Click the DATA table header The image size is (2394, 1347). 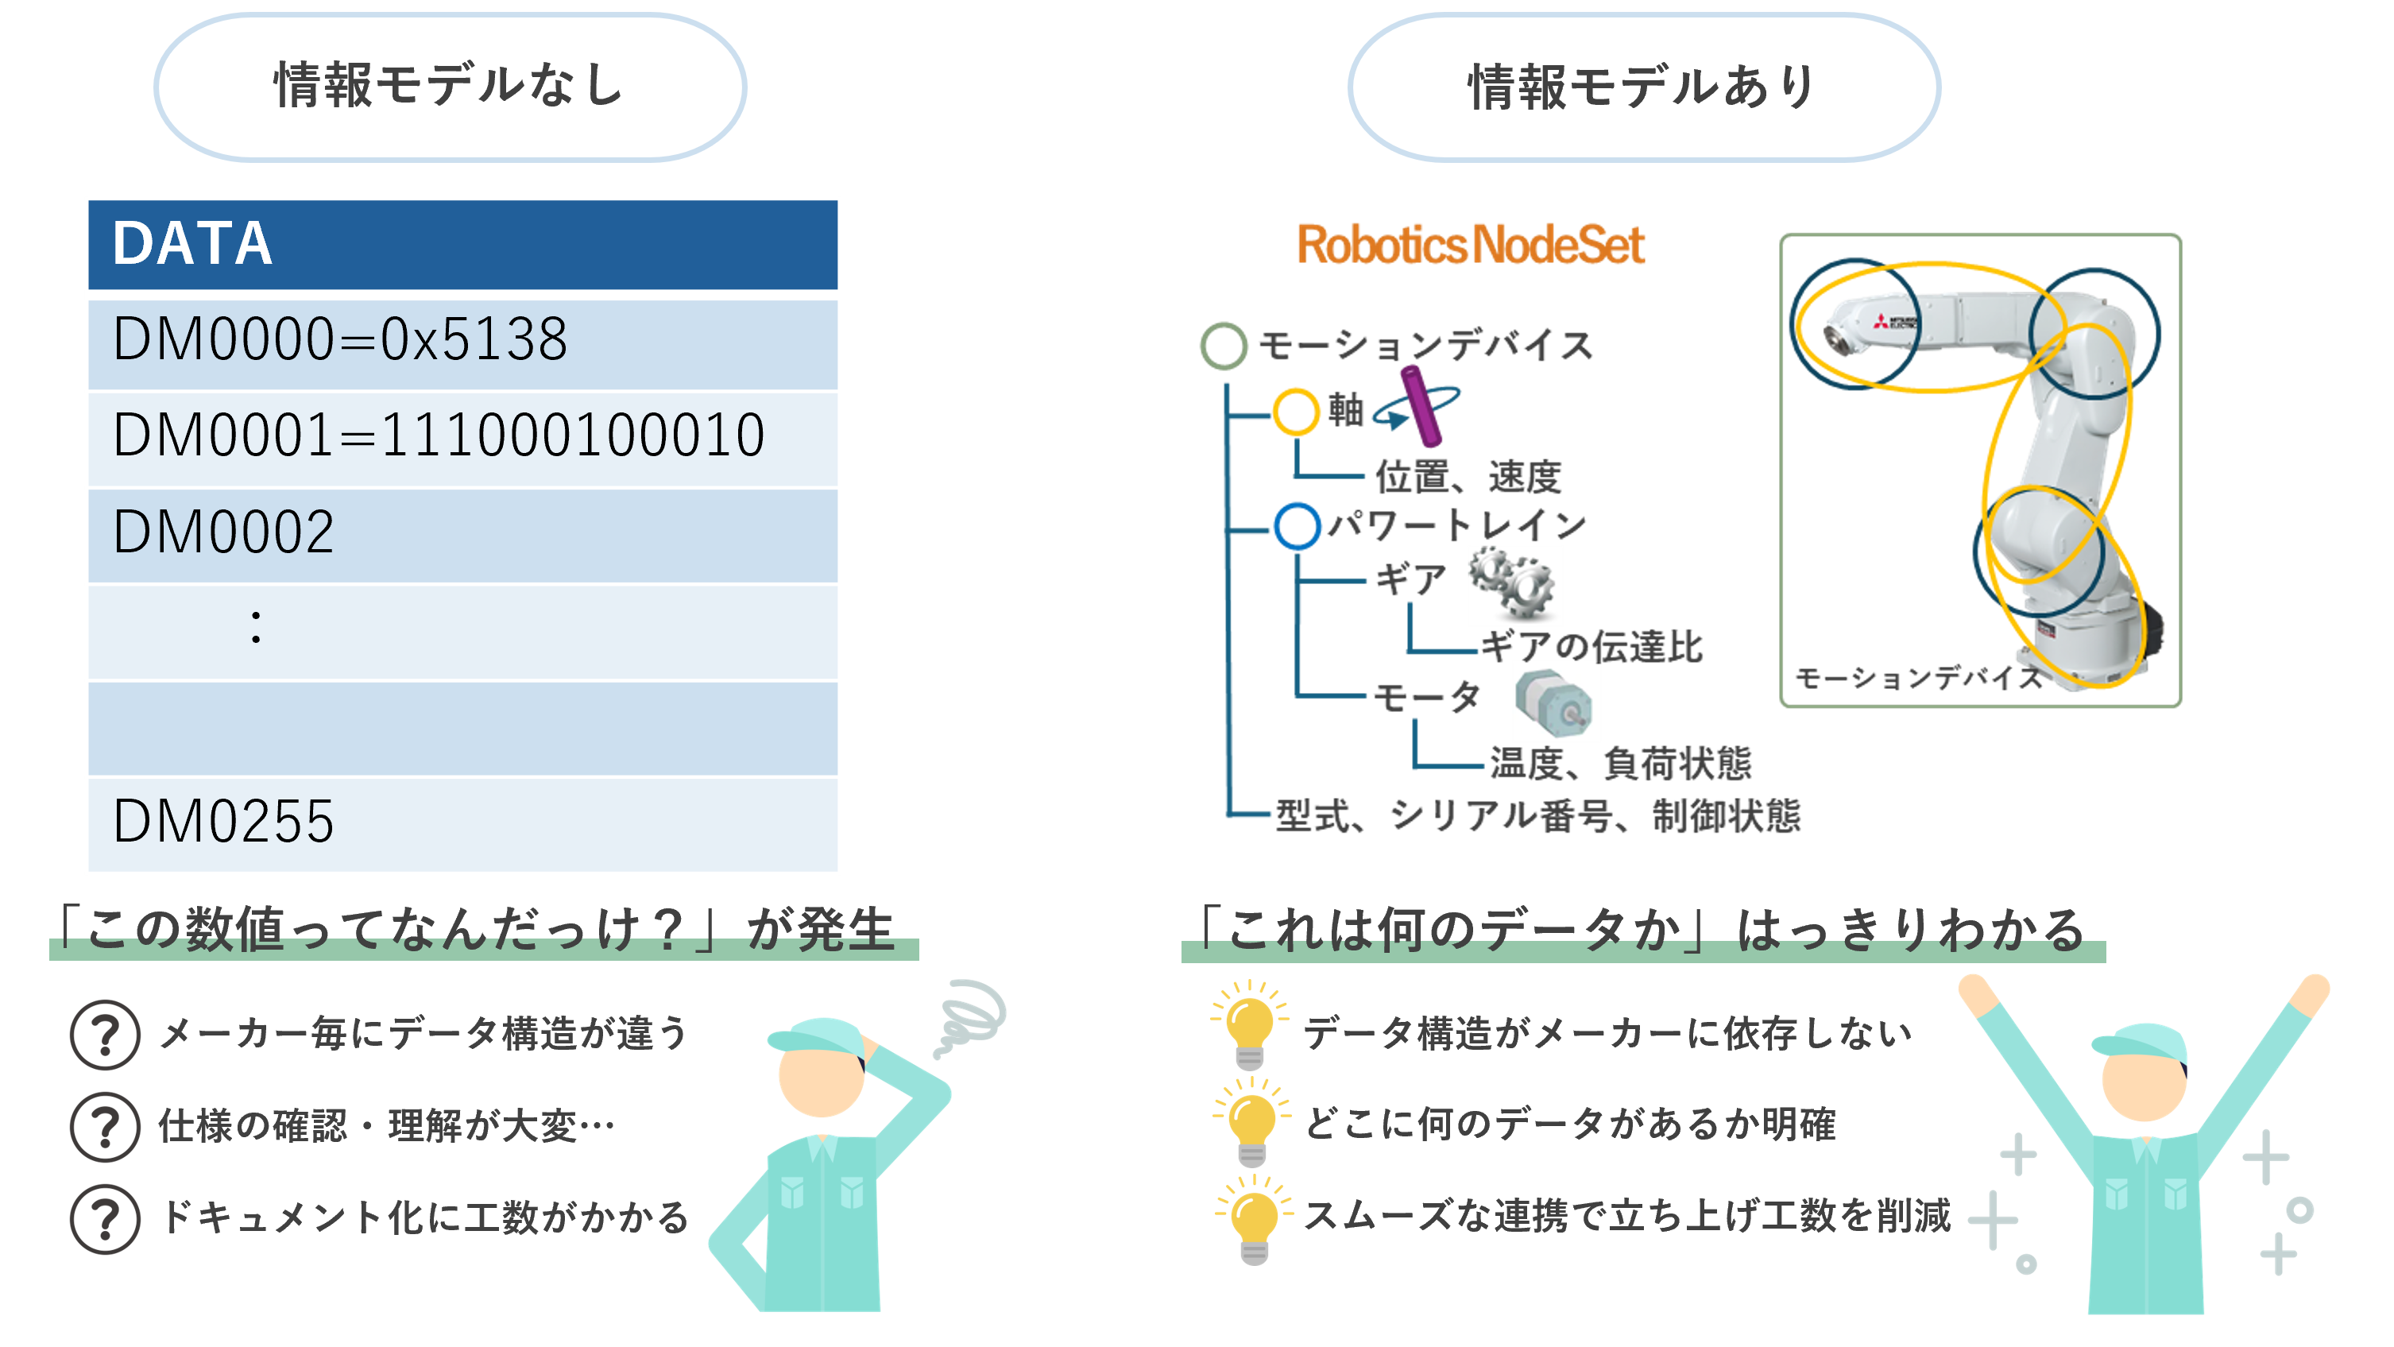(462, 245)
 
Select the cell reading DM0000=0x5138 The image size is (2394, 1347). (462, 340)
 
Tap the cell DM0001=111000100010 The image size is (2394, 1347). (462, 436)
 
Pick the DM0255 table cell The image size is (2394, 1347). (462, 822)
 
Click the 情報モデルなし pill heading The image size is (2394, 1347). (450, 87)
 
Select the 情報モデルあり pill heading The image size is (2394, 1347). (1643, 87)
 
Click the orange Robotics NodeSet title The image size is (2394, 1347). (1469, 245)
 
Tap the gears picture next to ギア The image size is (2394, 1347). (1515, 585)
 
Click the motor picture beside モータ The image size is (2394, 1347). (1556, 701)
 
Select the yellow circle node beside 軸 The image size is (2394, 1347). (1295, 411)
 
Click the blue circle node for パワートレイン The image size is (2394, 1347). (1297, 525)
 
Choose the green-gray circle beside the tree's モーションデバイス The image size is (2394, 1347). (1223, 346)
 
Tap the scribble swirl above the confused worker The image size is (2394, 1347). (971, 1014)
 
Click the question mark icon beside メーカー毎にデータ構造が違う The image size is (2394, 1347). (105, 1034)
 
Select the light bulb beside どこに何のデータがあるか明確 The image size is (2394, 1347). (1251, 1123)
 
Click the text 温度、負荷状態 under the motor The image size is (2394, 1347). (1620, 764)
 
